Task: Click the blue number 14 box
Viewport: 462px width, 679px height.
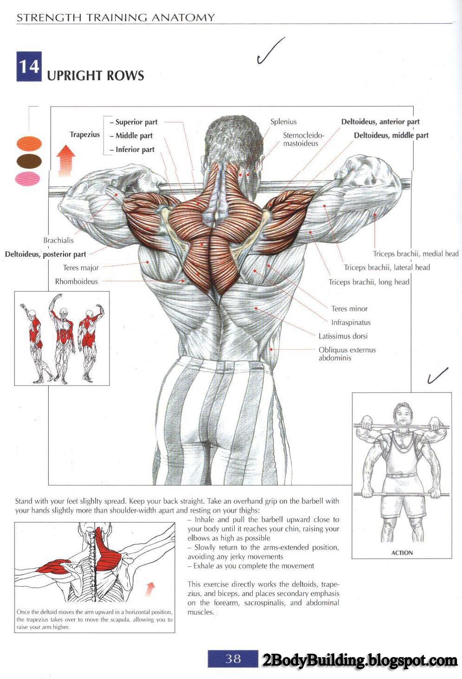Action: coord(29,67)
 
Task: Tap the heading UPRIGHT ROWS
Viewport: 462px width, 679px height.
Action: coord(96,76)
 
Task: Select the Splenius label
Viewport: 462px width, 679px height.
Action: coord(283,122)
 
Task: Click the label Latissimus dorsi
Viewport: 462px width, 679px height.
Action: coord(343,336)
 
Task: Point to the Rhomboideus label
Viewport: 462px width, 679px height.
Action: coord(77,281)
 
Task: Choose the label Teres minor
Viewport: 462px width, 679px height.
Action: coord(349,309)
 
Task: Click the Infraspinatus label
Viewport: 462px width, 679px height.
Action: coord(351,323)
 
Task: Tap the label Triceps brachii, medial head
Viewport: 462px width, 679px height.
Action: coord(416,254)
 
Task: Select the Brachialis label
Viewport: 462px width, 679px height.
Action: coord(58,241)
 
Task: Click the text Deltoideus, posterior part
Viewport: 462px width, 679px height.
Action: coord(45,254)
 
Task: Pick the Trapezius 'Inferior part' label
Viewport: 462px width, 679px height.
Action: coord(135,150)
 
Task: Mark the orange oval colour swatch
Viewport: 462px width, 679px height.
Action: coord(29,144)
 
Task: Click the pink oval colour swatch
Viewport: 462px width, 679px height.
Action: coord(28,178)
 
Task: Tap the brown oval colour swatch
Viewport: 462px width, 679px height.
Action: coord(29,161)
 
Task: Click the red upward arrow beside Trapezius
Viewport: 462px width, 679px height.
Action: coord(65,160)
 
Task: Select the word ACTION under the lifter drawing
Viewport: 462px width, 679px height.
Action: coord(402,552)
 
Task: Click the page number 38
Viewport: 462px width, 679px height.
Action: coord(233,659)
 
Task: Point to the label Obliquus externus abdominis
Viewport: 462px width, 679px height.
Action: coord(347,354)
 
